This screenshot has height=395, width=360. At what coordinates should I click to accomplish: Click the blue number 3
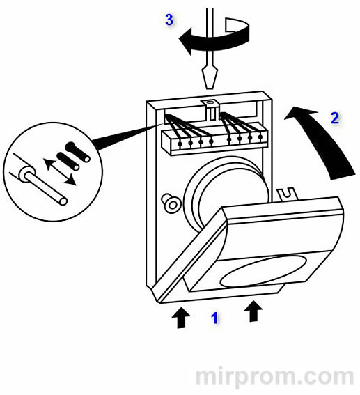click(x=169, y=20)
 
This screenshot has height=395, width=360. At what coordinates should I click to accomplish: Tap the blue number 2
click(x=335, y=118)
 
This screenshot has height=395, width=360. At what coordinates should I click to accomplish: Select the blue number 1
click(x=214, y=318)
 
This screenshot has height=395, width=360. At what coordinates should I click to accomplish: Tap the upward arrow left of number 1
click(x=180, y=318)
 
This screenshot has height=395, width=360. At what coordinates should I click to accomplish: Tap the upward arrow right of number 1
click(x=253, y=311)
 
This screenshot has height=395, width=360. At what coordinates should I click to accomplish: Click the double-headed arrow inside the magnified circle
click(x=60, y=171)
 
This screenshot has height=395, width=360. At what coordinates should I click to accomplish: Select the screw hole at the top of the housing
click(x=208, y=102)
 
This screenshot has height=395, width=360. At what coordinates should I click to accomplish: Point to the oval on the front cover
click(x=263, y=271)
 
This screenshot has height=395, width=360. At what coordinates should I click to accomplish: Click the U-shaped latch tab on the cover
click(x=288, y=194)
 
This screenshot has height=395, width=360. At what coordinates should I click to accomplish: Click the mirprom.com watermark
click(x=274, y=377)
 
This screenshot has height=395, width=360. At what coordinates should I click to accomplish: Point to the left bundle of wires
click(x=187, y=128)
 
